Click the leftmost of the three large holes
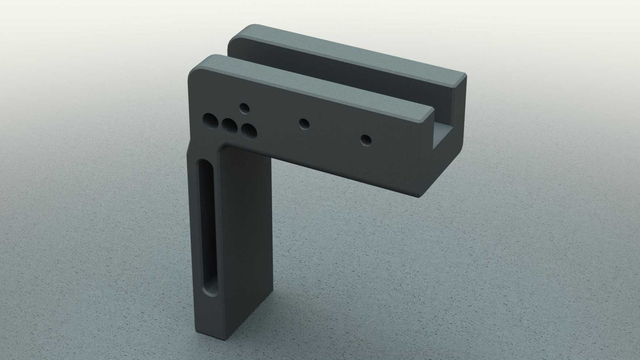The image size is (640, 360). click(210, 120)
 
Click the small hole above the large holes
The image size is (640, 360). click(244, 108)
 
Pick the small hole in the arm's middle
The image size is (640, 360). click(304, 123)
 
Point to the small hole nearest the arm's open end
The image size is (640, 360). click(366, 139)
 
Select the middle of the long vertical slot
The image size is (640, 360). click(207, 226)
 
